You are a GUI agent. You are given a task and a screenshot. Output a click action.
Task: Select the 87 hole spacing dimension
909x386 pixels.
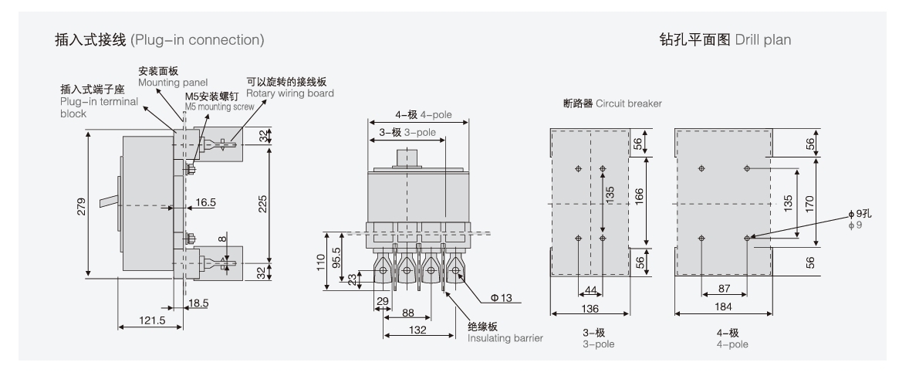click(x=723, y=289)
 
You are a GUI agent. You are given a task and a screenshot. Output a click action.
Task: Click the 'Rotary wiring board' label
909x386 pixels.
click(x=289, y=94)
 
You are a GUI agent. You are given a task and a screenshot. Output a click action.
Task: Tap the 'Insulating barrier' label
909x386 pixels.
click(x=505, y=337)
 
